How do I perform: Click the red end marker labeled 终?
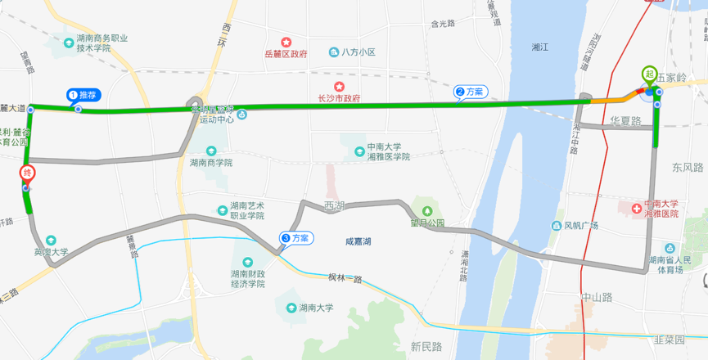[27, 173]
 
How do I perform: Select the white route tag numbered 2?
[471, 92]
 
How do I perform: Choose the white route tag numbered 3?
[295, 238]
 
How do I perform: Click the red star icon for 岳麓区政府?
[286, 42]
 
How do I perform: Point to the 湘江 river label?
[539, 47]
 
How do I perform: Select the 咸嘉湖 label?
[359, 241]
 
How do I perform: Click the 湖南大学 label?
[315, 308]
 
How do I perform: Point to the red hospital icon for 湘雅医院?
[635, 205]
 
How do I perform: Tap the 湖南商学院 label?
[211, 162]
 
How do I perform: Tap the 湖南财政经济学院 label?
[248, 279]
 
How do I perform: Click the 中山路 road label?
[596, 296]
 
